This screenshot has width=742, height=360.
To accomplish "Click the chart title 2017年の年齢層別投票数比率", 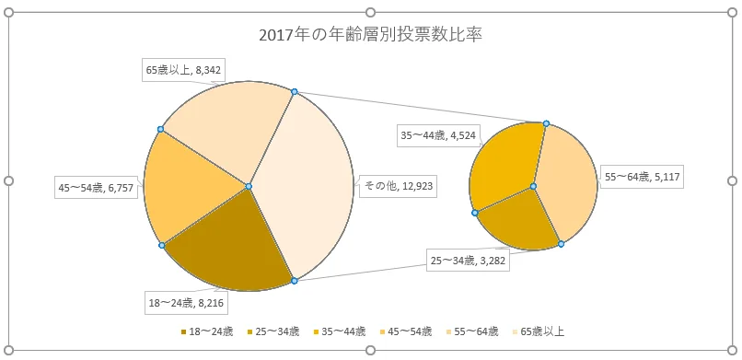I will [370, 36].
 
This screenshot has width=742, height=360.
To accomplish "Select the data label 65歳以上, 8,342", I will [182, 69].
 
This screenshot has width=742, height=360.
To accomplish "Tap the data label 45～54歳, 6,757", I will [96, 188].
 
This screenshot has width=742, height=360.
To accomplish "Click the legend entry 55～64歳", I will [474, 331].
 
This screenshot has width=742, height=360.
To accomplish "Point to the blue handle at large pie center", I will [249, 187].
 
